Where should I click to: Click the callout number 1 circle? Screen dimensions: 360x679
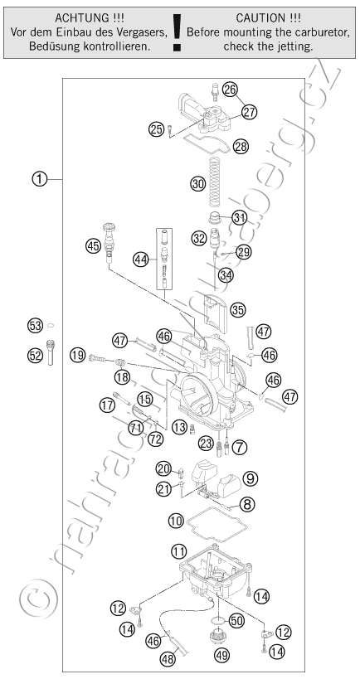click(x=40, y=178)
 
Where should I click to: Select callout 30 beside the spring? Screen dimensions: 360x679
click(x=197, y=184)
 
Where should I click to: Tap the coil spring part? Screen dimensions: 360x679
click(x=215, y=182)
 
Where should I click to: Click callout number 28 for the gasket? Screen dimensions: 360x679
click(x=241, y=147)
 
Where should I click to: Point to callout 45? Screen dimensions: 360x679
click(x=93, y=246)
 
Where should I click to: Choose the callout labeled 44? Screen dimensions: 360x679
click(x=141, y=259)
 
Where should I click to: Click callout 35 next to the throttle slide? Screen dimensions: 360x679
click(x=238, y=309)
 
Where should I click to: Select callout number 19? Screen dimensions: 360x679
click(x=77, y=356)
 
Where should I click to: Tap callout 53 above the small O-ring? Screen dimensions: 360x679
click(x=36, y=325)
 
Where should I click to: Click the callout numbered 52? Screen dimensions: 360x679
click(x=36, y=356)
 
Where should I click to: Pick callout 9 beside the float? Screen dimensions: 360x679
click(x=250, y=478)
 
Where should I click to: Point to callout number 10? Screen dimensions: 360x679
click(x=176, y=521)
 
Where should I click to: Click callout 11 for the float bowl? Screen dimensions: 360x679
click(x=178, y=551)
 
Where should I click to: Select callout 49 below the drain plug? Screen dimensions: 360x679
click(x=222, y=655)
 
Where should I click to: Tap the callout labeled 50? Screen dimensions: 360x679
click(x=236, y=620)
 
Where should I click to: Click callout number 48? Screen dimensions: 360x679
click(x=168, y=659)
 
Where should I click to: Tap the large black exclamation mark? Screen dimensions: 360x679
click(x=177, y=33)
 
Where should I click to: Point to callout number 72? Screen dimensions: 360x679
click(x=155, y=439)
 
